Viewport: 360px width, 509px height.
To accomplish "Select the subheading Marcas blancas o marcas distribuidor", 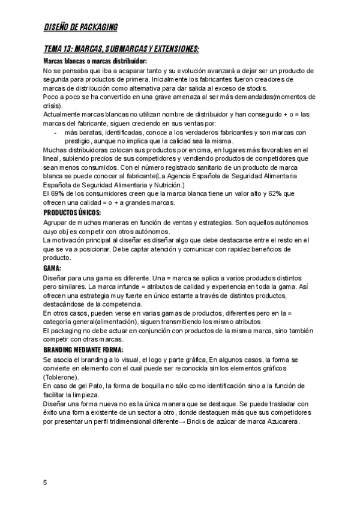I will (x=95, y=61).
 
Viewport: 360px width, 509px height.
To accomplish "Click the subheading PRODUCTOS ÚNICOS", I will (x=72, y=213).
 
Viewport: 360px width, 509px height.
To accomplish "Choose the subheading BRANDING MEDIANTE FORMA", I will (x=83, y=349).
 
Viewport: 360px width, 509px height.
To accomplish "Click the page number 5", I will (x=45, y=482).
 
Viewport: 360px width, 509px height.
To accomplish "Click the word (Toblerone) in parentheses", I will (x=61, y=376).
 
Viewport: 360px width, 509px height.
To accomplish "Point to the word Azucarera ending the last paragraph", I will (x=280, y=421).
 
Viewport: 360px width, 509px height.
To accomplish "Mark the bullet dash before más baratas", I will (x=55, y=132).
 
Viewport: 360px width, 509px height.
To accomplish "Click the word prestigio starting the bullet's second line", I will (x=78, y=141).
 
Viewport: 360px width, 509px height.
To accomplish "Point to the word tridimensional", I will (x=128, y=421).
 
